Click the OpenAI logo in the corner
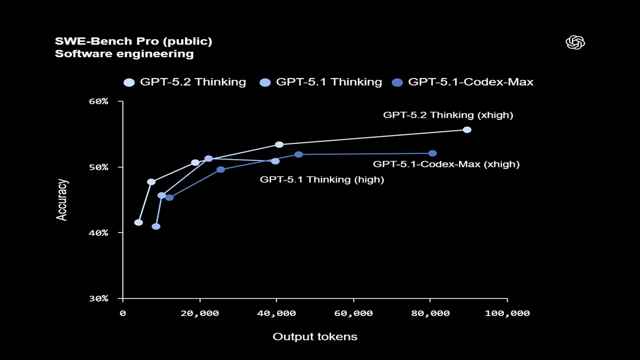(x=575, y=42)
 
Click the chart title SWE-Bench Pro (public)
(x=133, y=41)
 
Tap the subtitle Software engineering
(x=124, y=54)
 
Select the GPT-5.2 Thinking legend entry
(x=185, y=82)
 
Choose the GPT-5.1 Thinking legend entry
(x=321, y=82)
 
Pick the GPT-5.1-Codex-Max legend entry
(x=463, y=82)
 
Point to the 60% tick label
(x=98, y=101)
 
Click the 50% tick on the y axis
(x=98, y=167)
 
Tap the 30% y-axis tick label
(x=98, y=298)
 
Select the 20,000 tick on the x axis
(x=199, y=313)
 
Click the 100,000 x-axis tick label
(x=507, y=313)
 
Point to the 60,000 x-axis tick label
(x=353, y=313)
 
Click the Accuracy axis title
(x=61, y=199)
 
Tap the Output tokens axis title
(x=315, y=336)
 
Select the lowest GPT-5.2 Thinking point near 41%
(x=138, y=222)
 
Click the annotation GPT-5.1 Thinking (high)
(x=321, y=180)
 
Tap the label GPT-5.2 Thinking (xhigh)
(x=448, y=115)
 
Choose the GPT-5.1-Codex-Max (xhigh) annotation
(x=446, y=164)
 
